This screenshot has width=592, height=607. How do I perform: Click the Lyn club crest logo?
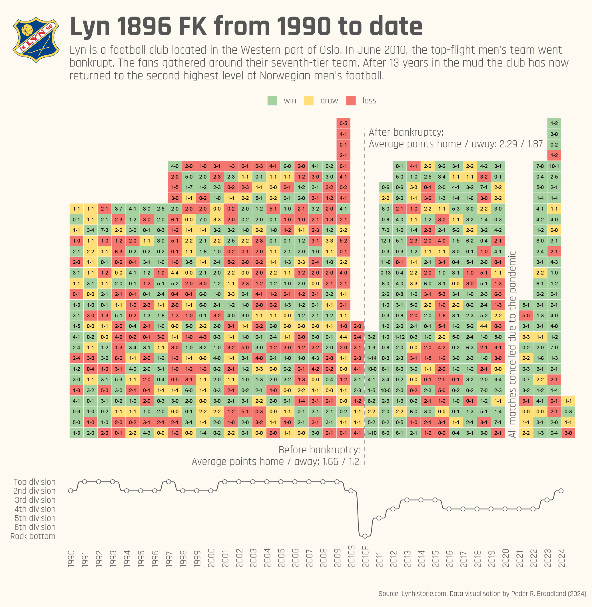click(36, 39)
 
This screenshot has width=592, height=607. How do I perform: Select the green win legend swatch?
click(272, 101)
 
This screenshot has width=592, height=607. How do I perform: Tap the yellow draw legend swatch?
click(309, 101)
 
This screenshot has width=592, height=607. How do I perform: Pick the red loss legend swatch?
click(351, 101)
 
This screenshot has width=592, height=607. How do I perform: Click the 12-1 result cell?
click(386, 241)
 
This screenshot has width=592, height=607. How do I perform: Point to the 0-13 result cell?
click(386, 273)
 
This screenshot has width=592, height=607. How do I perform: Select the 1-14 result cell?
click(372, 358)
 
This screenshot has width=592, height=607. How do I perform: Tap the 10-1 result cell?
click(554, 166)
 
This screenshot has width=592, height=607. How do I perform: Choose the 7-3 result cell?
click(105, 230)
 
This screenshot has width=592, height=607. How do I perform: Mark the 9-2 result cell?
click(442, 166)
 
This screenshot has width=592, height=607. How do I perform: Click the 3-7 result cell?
click(119, 209)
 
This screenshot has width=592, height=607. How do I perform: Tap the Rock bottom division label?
click(33, 536)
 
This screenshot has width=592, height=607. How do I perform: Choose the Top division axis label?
click(35, 482)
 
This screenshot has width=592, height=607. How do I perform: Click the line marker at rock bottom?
click(365, 536)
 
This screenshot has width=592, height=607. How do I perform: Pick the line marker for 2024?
click(561, 491)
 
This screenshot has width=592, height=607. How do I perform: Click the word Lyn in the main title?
click(90, 27)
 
